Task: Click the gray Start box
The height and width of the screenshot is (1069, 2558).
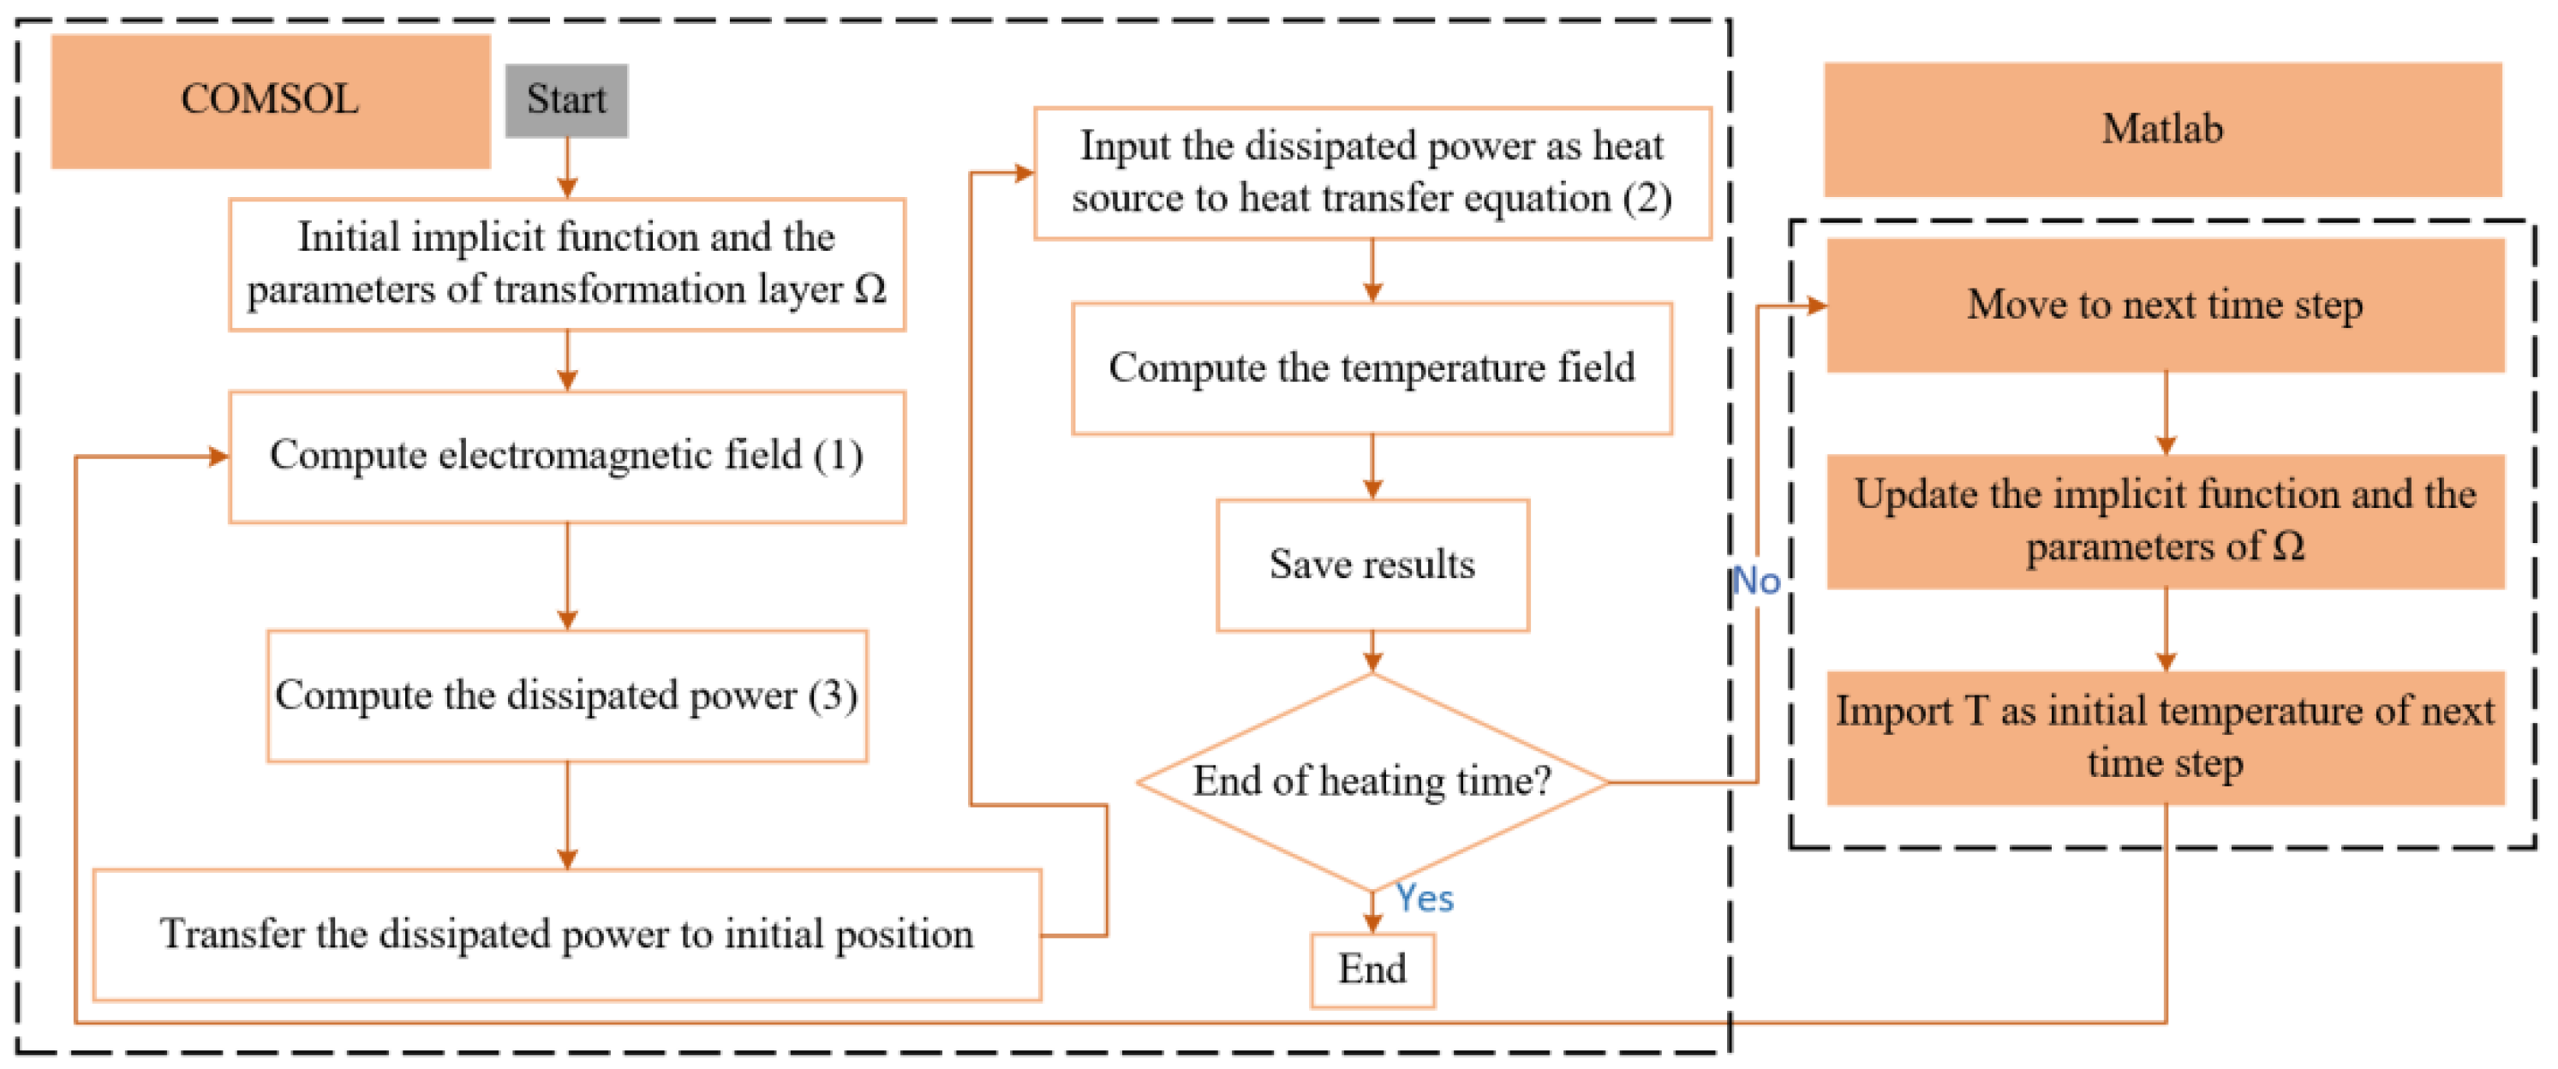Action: click(566, 100)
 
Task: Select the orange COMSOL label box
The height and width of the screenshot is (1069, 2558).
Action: click(270, 100)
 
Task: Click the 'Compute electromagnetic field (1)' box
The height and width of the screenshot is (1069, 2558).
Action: click(566, 457)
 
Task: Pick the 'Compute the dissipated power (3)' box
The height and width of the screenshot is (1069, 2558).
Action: click(566, 696)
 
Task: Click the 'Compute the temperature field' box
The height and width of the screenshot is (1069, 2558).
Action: click(1372, 368)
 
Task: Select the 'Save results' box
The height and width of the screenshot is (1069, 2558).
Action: click(1372, 564)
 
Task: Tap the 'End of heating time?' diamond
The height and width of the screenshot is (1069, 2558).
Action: click(1372, 782)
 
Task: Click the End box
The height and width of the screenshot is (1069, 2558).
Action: click(1372, 969)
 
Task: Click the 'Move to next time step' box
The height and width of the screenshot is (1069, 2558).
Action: click(2165, 306)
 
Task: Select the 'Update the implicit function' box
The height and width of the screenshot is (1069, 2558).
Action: click(2165, 521)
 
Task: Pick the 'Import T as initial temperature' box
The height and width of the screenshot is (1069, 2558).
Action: click(2165, 738)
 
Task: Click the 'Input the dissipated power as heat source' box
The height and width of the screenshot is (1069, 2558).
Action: click(1372, 173)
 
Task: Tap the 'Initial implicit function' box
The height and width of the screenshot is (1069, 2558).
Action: click(566, 264)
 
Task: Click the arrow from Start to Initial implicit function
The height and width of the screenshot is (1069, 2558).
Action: click(567, 169)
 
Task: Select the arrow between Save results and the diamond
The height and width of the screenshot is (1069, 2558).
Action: click(1372, 652)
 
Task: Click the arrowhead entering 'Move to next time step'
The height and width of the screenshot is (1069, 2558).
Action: click(1815, 306)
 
